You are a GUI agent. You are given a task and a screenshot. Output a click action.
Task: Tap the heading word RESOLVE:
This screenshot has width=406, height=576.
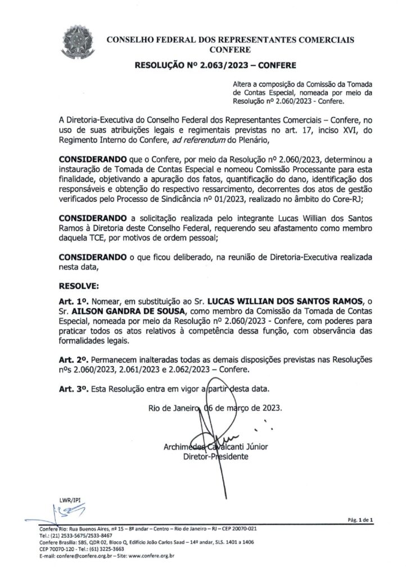pos(79,286)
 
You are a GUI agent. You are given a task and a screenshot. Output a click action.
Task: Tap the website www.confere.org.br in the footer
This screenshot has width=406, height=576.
pos(151,556)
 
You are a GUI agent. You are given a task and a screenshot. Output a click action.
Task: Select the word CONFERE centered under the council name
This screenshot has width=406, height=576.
pos(230,50)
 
